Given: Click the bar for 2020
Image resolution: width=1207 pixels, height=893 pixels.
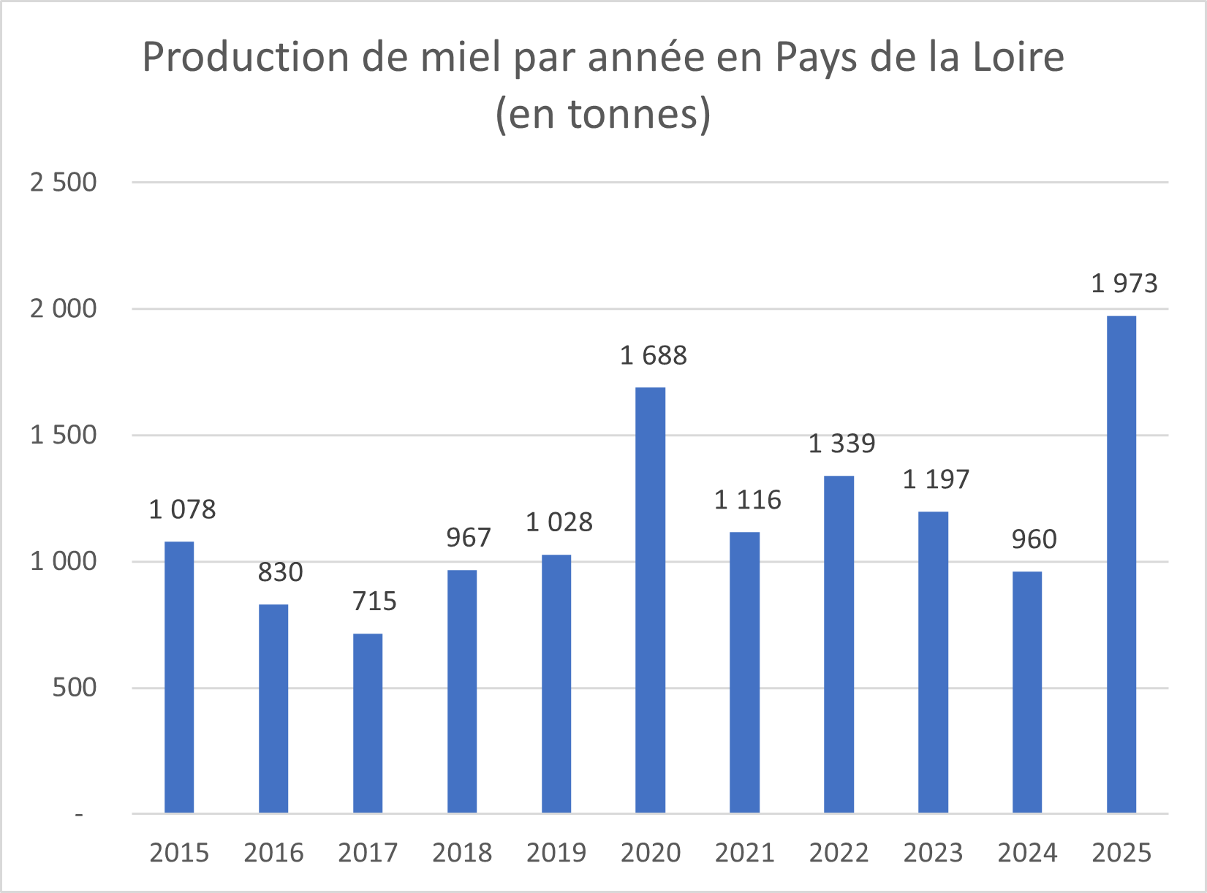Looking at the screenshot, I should pyautogui.click(x=650, y=599).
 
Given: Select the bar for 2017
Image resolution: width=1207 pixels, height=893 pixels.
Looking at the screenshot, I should pyautogui.click(x=368, y=723).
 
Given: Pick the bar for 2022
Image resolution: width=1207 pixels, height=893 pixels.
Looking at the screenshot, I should pyautogui.click(x=839, y=644).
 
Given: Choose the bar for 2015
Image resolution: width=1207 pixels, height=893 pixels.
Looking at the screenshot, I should pyautogui.click(x=179, y=677).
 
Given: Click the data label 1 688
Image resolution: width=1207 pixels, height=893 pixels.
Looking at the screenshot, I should pyautogui.click(x=653, y=356).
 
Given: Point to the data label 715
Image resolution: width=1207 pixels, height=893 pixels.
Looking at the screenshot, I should pyautogui.click(x=374, y=601).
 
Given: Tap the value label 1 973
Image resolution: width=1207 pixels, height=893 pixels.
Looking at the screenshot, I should pyautogui.click(x=1124, y=284).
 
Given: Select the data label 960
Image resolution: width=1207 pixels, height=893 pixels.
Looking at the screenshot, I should pyautogui.click(x=1034, y=539).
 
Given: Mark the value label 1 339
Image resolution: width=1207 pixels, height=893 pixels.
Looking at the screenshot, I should pyautogui.click(x=841, y=444).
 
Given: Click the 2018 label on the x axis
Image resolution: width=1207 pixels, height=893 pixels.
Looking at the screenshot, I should pyautogui.click(x=462, y=853).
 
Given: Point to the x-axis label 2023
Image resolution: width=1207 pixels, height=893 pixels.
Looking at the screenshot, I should pyautogui.click(x=933, y=853).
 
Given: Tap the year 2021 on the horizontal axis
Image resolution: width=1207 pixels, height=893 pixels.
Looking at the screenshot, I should pyautogui.click(x=744, y=853).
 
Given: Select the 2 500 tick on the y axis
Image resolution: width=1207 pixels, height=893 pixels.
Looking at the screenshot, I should pyautogui.click(x=64, y=183).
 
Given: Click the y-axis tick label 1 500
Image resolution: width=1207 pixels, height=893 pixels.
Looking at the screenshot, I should pyautogui.click(x=64, y=436).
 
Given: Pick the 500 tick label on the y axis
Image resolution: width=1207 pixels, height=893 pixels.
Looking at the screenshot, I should pyautogui.click(x=74, y=688).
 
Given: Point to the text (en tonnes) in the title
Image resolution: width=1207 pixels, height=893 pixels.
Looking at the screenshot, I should pyautogui.click(x=603, y=114).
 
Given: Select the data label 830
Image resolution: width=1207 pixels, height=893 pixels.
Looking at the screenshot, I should pyautogui.click(x=280, y=572).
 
